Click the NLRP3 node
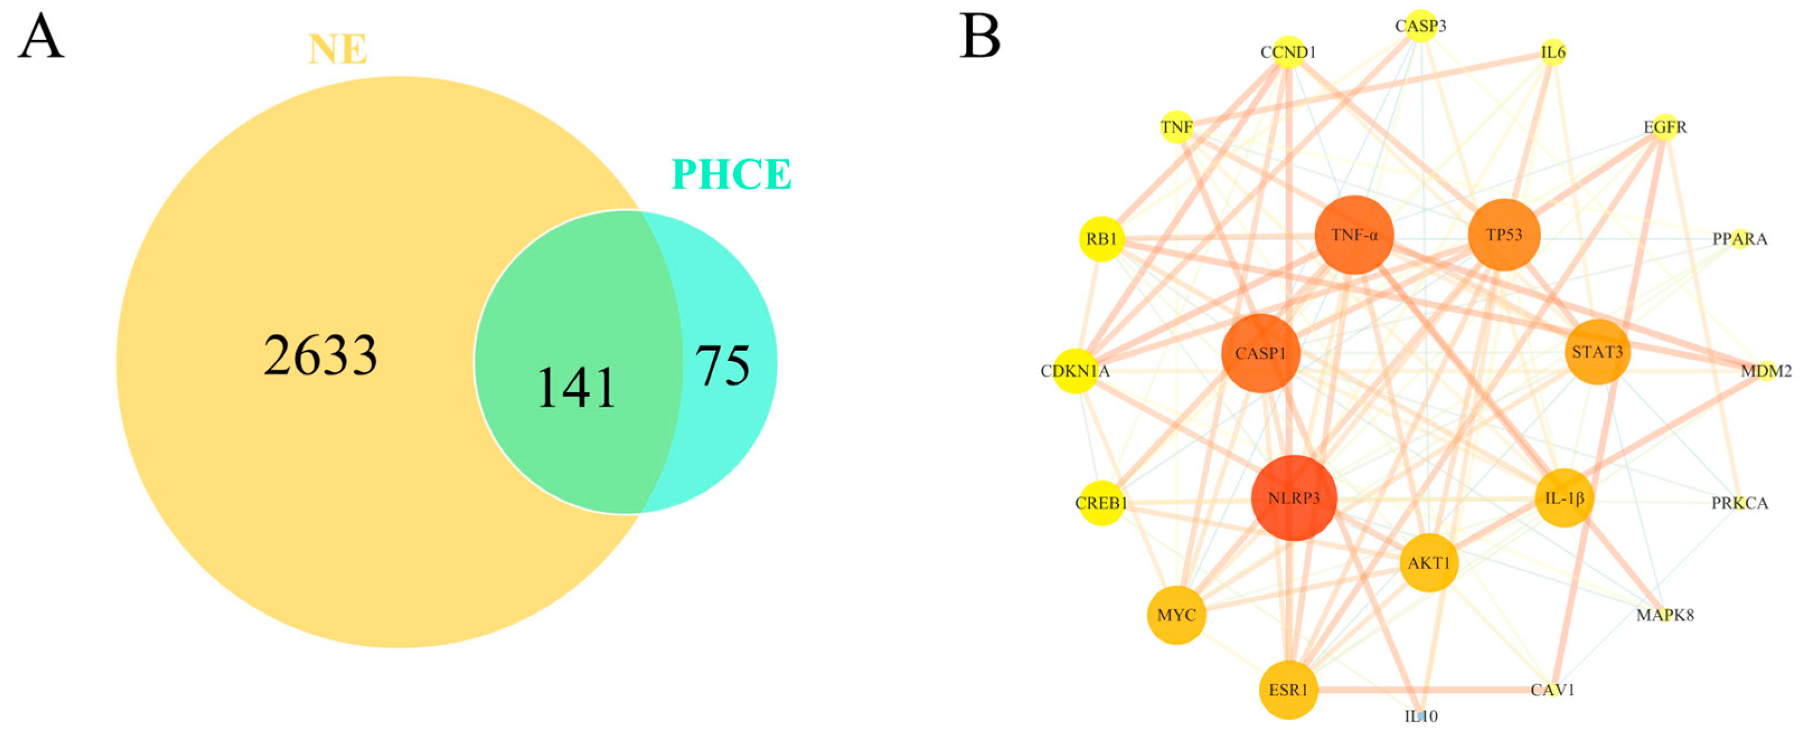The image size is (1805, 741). [1294, 498]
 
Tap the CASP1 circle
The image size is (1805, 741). [1261, 353]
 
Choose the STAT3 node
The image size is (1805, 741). [1597, 351]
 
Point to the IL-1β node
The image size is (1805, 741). [1564, 498]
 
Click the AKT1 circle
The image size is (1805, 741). [1429, 562]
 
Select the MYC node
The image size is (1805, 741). [1176, 615]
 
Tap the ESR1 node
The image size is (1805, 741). [1288, 690]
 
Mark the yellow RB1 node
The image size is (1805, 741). [1101, 239]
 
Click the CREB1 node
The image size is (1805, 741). [1101, 503]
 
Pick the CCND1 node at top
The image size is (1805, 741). [1288, 53]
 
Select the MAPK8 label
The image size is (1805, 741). [1665, 615]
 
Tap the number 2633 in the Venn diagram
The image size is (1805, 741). [320, 356]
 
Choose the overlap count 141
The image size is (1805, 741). [576, 387]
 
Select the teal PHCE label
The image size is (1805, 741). [732, 174]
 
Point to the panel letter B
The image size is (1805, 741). [979, 36]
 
